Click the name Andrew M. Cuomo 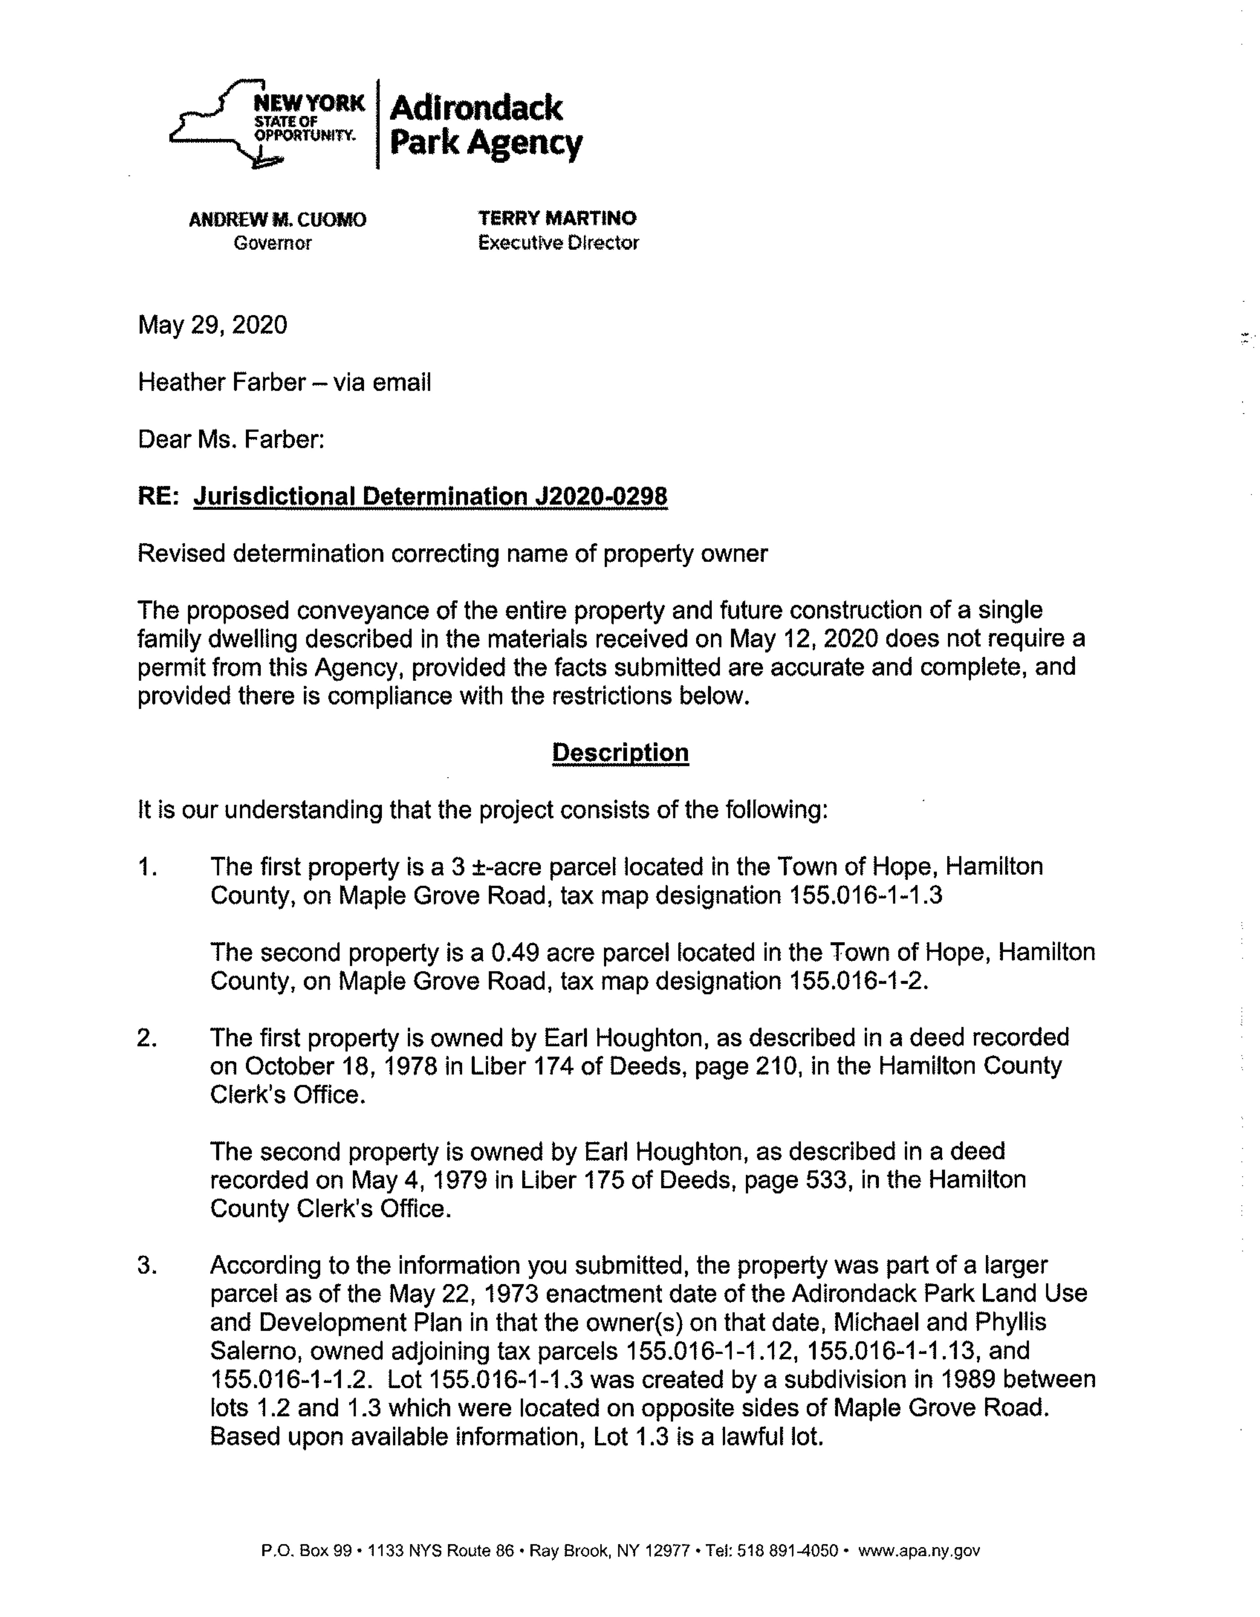278,220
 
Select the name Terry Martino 557,219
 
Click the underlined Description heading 620,753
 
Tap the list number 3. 147,1265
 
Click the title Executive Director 558,243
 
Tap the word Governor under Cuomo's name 272,243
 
